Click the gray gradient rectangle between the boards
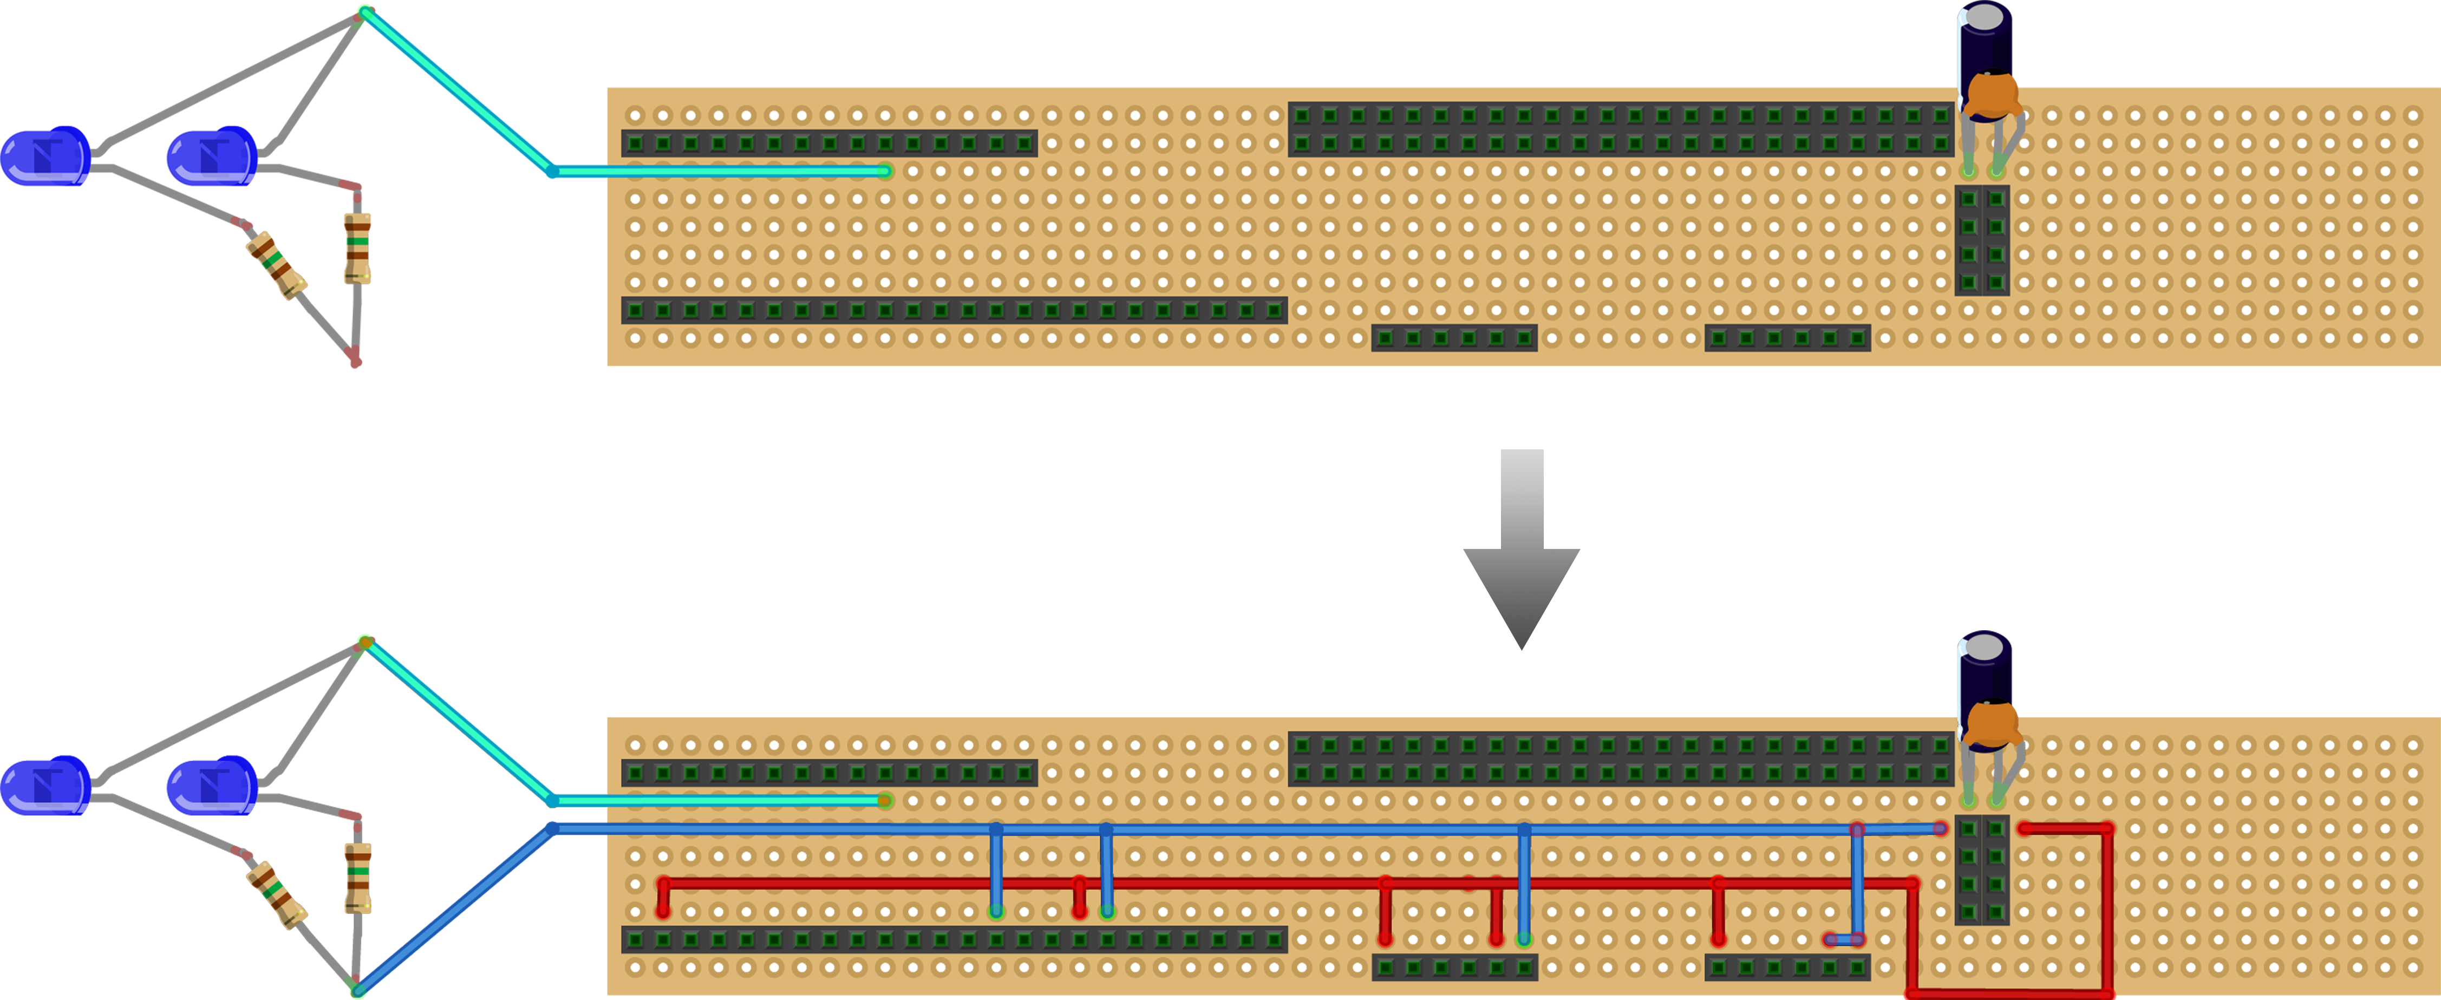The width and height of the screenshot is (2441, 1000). tap(1521, 550)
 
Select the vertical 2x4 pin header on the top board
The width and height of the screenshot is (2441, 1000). tap(1982, 240)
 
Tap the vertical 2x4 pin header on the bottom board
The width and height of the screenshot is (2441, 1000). tap(1982, 869)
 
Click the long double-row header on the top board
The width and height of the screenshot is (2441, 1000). tap(1620, 129)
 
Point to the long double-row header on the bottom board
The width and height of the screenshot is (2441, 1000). tap(1620, 759)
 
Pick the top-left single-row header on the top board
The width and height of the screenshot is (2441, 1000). tap(829, 143)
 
